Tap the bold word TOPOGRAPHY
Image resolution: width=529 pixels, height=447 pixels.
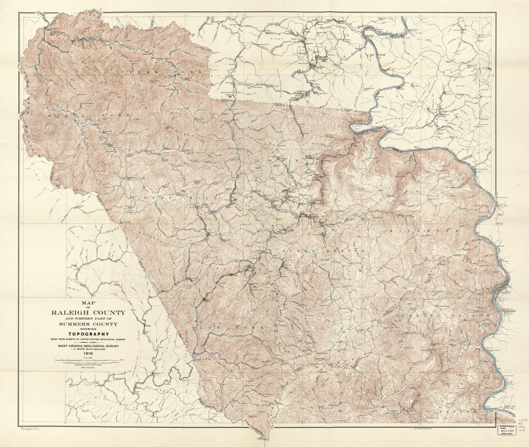point(88,334)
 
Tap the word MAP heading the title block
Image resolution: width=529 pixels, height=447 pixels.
point(88,303)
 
